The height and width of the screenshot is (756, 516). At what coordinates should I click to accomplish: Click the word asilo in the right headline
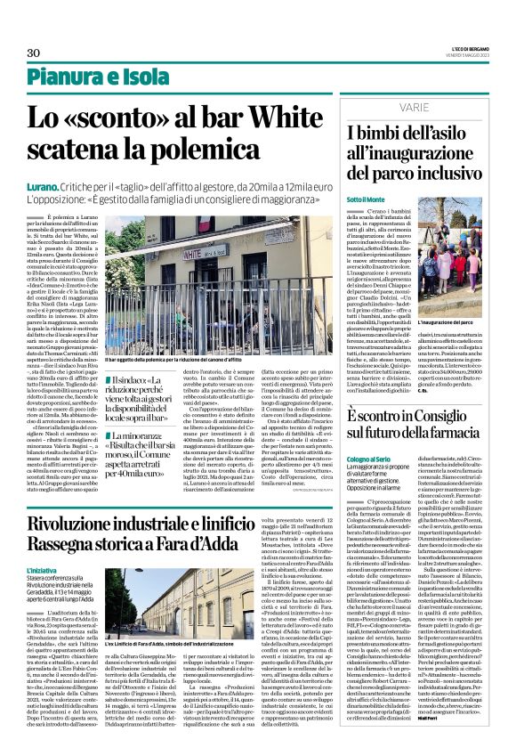click(x=451, y=133)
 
